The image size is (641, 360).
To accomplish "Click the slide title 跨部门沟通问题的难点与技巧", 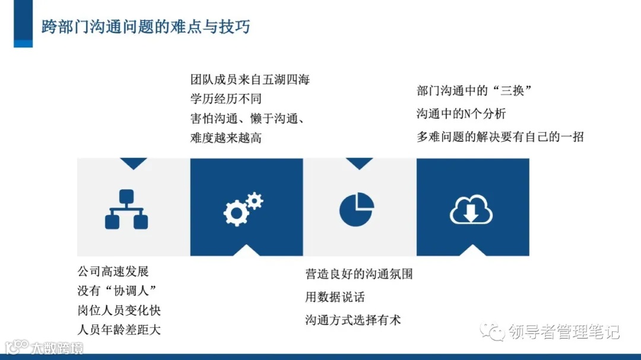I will (145, 27).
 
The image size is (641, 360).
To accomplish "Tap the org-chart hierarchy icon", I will (126, 209).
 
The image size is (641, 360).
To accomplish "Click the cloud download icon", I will (471, 209).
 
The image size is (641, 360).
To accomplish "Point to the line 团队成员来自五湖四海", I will (250, 79).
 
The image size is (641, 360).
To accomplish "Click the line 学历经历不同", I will (226, 98).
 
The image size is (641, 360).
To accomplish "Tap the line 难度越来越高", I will (226, 138).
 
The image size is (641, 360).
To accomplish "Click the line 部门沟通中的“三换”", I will (473, 91).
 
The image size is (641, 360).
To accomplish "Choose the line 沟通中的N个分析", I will (461, 113).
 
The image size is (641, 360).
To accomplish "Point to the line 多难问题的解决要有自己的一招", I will (500, 136).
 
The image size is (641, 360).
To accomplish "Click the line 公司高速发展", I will (113, 272).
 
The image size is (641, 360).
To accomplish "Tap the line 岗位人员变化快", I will (119, 310).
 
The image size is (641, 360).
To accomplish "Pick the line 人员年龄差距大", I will (119, 330).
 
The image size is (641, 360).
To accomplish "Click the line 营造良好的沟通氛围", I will (359, 274).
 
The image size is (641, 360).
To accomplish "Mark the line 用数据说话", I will (335, 297).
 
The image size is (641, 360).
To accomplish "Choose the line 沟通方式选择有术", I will (353, 320).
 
